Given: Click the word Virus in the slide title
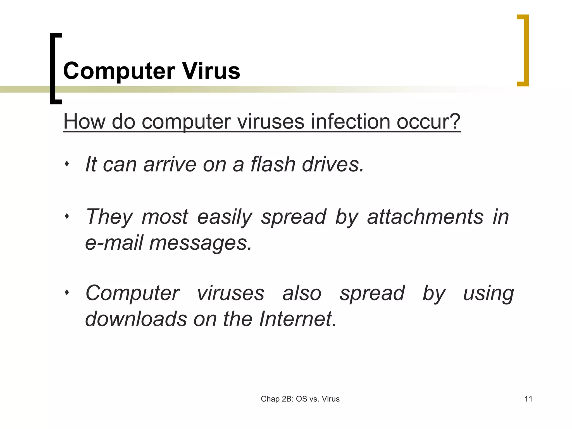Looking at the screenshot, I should [211, 71].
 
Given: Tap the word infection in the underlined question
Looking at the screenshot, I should [350, 122].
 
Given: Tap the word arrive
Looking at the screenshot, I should [170, 164].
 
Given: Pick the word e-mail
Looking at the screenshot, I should [114, 242].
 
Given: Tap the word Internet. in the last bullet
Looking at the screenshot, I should [298, 319].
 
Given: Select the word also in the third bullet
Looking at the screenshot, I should [302, 293].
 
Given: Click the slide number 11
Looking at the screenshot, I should [528, 399].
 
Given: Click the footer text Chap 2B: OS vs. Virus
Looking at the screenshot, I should [300, 399].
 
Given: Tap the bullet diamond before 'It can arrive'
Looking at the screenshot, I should [67, 164].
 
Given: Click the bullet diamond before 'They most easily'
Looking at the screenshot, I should [67, 216].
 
